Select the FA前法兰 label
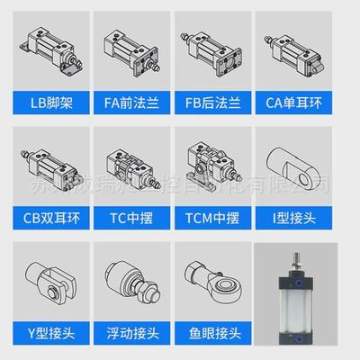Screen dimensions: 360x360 coord(132,101)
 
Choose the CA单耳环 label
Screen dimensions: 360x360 coord(297,101)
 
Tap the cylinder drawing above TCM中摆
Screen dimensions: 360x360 coord(214,164)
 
